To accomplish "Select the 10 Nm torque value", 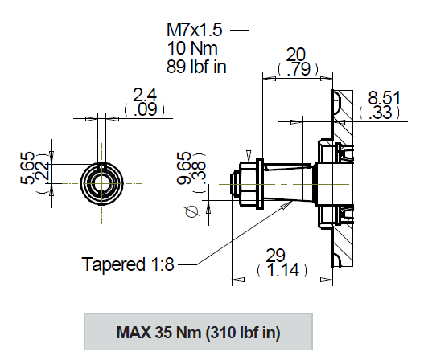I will (190, 47).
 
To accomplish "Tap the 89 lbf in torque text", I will (196, 66).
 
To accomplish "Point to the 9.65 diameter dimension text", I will (186, 170).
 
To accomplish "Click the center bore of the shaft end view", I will (101, 181).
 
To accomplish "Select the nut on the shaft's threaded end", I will (252, 182).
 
